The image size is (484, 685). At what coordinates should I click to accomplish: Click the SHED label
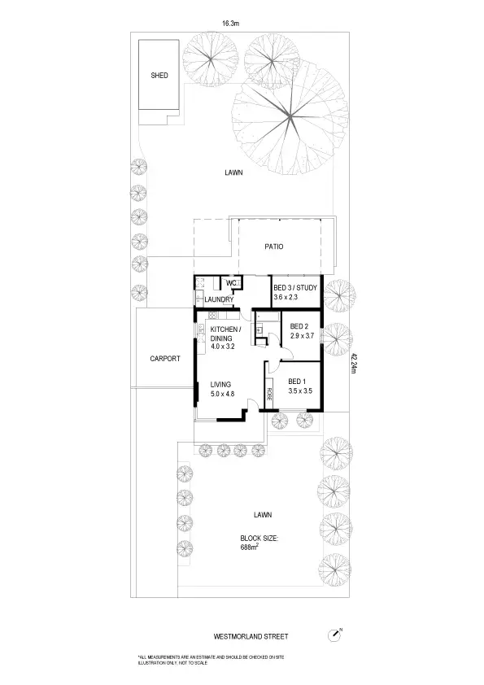[159, 75]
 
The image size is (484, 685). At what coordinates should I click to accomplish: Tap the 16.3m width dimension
[226, 24]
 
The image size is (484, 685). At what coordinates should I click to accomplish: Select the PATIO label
[274, 247]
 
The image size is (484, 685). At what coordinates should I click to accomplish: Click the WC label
[230, 283]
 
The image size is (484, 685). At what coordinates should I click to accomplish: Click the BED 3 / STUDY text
[294, 288]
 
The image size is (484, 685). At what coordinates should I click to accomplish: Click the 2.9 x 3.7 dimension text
[301, 336]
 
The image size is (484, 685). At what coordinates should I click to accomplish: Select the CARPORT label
[164, 359]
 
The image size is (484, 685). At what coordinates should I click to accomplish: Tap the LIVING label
[220, 384]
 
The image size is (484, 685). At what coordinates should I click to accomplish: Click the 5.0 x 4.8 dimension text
[222, 395]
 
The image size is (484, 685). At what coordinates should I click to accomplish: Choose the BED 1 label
[298, 381]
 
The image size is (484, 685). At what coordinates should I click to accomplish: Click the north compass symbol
[335, 635]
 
